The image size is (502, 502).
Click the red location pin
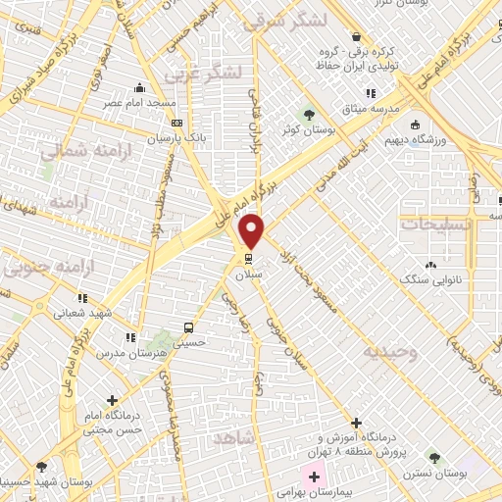pos(252,231)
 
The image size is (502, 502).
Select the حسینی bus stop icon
pos(188,327)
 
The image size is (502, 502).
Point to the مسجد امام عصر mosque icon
pos(140,86)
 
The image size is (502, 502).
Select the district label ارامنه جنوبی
pos(41,266)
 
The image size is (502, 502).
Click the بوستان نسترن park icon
pos(434,458)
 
